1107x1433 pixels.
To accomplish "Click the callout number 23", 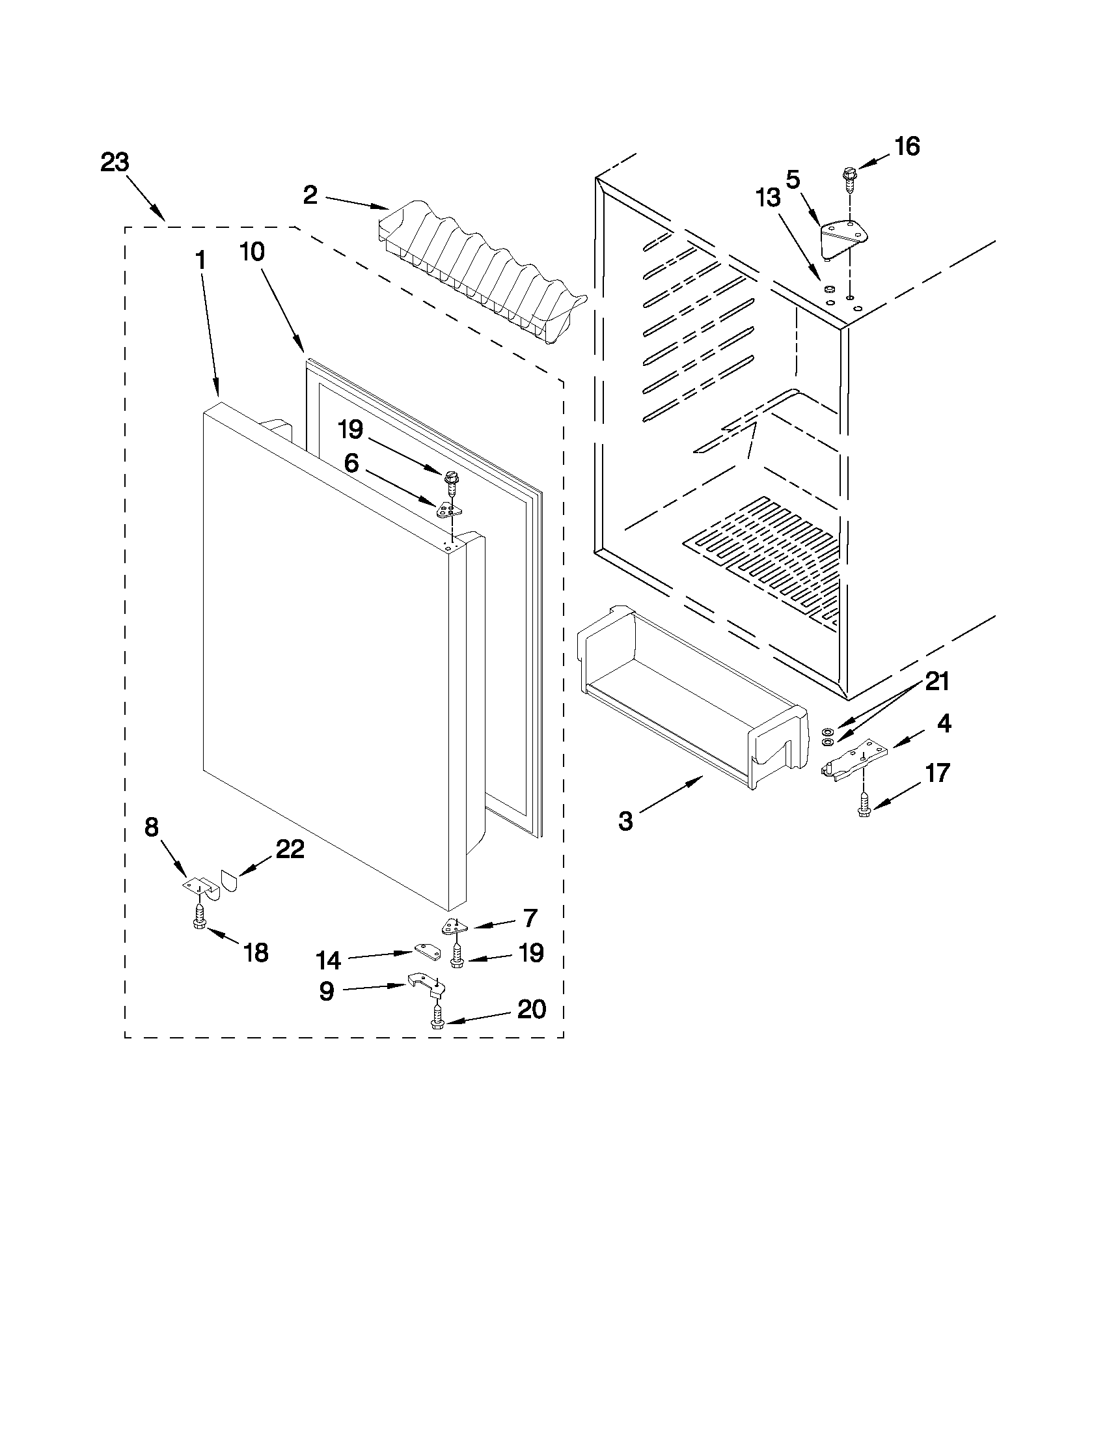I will (x=115, y=162).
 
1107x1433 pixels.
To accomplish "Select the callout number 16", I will (x=907, y=146).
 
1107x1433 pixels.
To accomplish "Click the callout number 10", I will (x=253, y=251).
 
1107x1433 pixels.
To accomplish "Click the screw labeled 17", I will (x=864, y=803).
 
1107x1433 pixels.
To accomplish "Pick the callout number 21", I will (x=936, y=682).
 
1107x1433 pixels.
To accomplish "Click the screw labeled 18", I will (x=199, y=916).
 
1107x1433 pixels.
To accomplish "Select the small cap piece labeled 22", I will (x=229, y=878).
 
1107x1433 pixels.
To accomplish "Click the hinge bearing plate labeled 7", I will (x=453, y=926).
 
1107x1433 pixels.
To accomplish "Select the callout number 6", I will (x=351, y=464).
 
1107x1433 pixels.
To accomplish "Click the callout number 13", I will (x=768, y=197).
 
